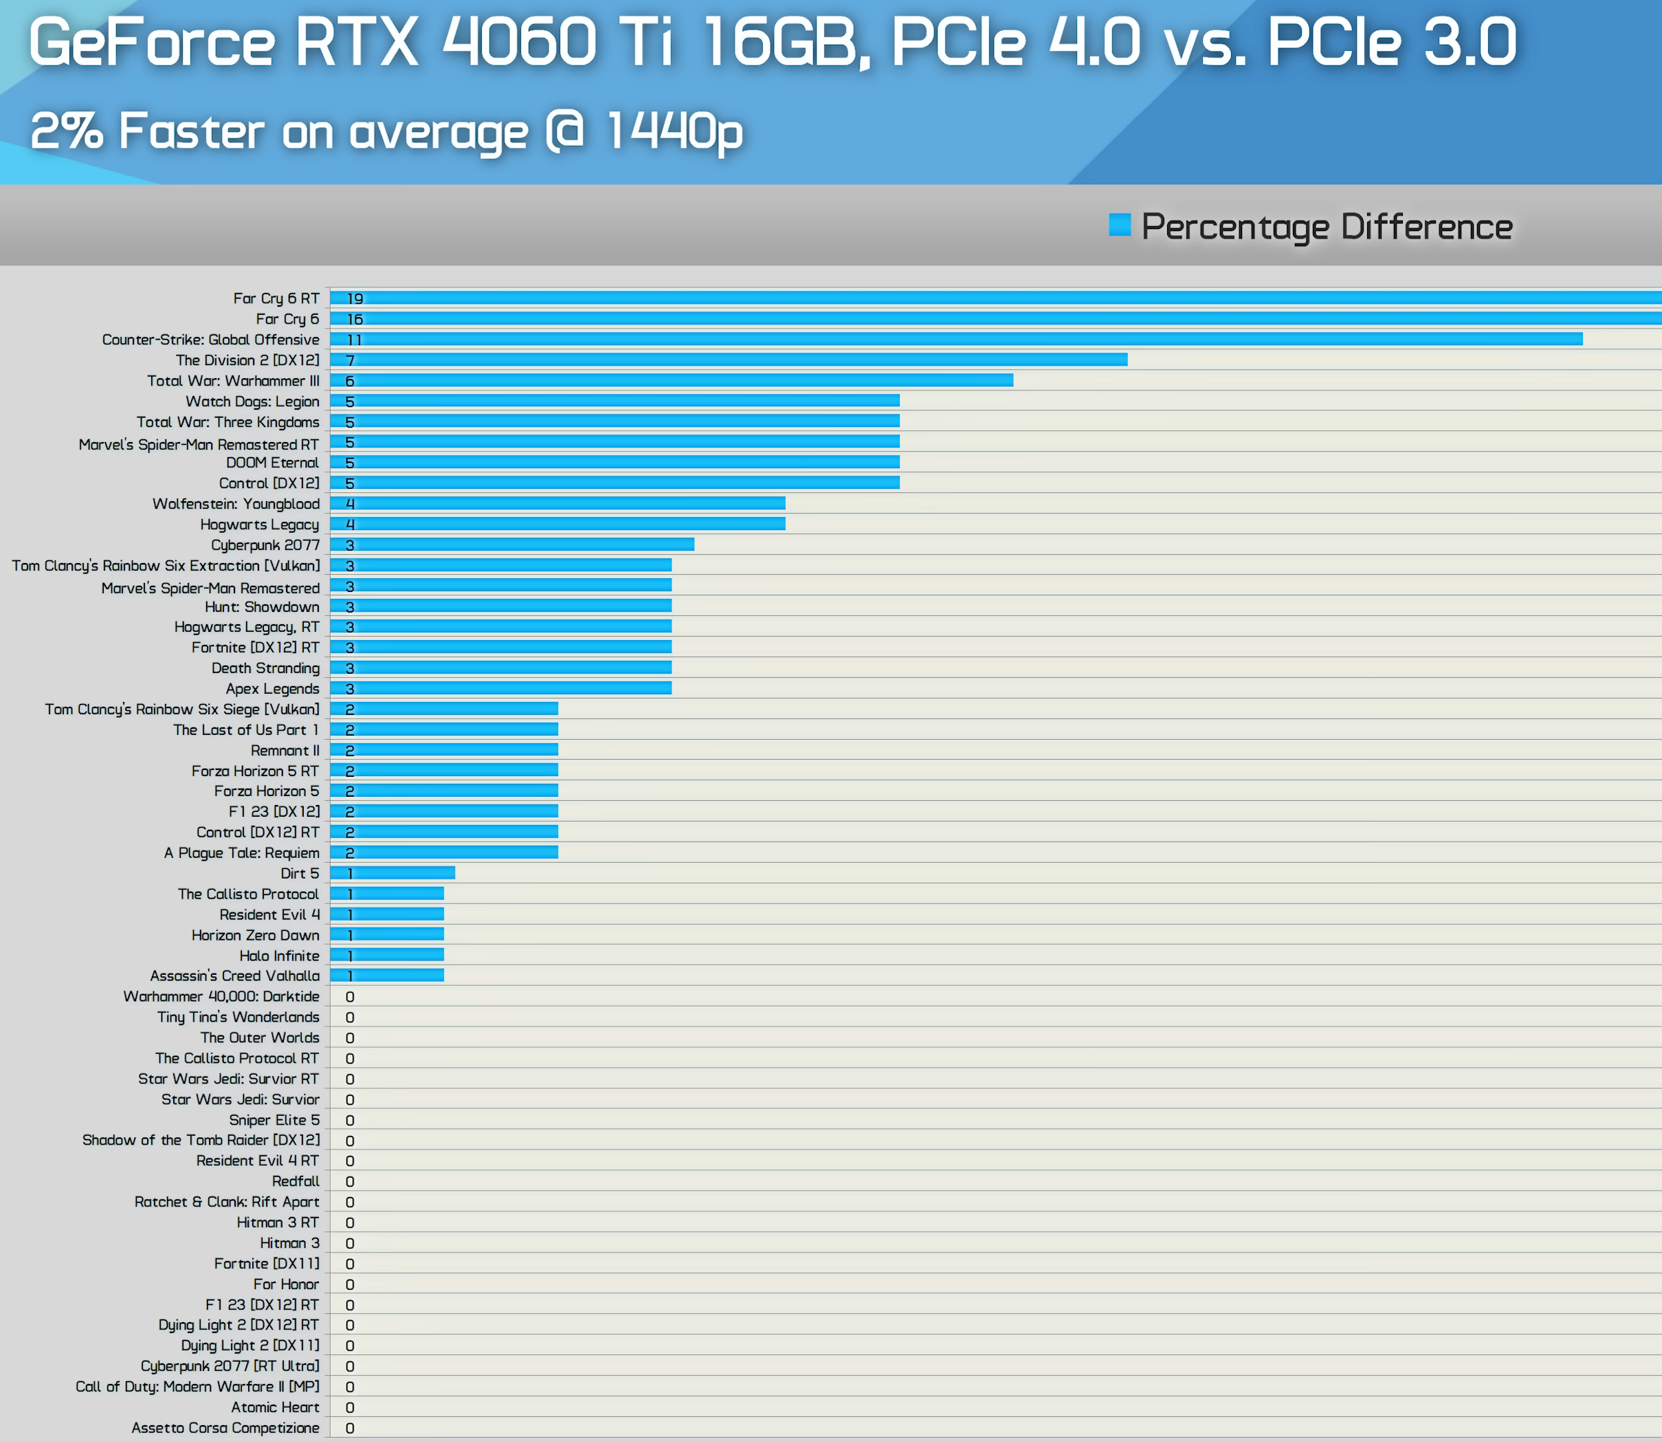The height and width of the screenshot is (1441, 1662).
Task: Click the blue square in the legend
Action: point(1119,225)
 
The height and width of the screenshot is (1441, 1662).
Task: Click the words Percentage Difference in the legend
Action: point(1327,227)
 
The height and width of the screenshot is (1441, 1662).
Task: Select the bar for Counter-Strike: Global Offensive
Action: point(957,340)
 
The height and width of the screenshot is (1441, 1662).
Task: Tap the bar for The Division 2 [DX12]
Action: point(729,360)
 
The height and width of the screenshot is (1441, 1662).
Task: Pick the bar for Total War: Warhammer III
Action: point(672,380)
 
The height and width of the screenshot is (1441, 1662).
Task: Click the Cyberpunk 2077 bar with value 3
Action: point(512,544)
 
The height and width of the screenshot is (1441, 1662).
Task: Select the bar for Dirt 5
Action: point(392,872)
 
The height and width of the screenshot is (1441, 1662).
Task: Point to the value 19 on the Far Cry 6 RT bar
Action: point(355,298)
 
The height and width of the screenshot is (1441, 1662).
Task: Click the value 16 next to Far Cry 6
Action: point(355,319)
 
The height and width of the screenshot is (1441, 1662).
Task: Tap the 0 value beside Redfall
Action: point(350,1181)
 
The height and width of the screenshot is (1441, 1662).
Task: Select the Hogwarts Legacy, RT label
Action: point(246,626)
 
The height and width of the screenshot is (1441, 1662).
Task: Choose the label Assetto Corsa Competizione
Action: point(225,1427)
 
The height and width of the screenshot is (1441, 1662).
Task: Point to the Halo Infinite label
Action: point(279,956)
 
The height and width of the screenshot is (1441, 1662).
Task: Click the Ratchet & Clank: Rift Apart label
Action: point(227,1201)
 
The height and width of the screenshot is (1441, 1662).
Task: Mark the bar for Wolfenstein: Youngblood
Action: point(557,503)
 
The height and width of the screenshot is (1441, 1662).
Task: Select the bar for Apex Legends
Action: point(500,688)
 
